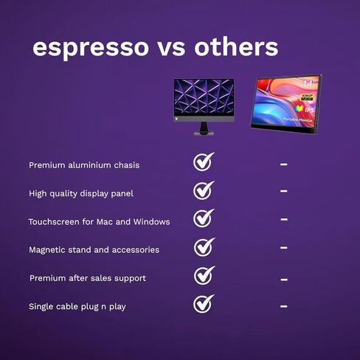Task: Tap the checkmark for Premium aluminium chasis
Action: [203, 162]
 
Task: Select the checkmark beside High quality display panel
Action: [203, 190]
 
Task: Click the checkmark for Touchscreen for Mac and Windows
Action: [203, 218]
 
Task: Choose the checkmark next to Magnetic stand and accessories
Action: [203, 247]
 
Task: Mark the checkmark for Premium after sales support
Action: [203, 276]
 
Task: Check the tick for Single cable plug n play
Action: [203, 304]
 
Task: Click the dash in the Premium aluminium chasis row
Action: [284, 165]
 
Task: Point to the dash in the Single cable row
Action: [284, 305]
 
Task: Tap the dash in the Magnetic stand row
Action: [284, 249]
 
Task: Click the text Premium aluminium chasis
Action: [84, 165]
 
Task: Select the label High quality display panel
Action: [81, 193]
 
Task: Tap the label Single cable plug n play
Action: [77, 306]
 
